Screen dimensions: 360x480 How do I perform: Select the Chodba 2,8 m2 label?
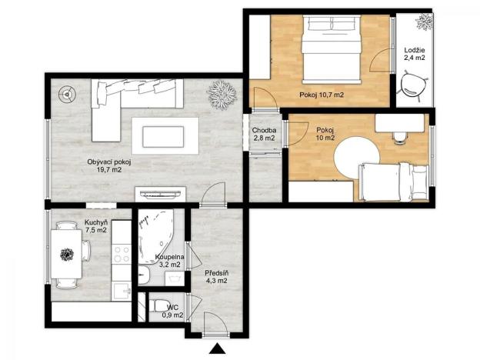coord(265,134)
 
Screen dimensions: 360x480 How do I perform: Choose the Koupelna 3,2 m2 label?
coord(168,260)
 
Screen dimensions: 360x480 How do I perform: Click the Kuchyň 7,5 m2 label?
coord(95,225)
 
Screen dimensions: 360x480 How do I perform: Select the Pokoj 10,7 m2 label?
coord(321,95)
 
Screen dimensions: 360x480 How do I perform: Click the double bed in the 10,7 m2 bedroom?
coord(331,51)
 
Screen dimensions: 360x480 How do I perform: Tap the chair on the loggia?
coord(416,85)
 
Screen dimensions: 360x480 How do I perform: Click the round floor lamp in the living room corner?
coord(67,95)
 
